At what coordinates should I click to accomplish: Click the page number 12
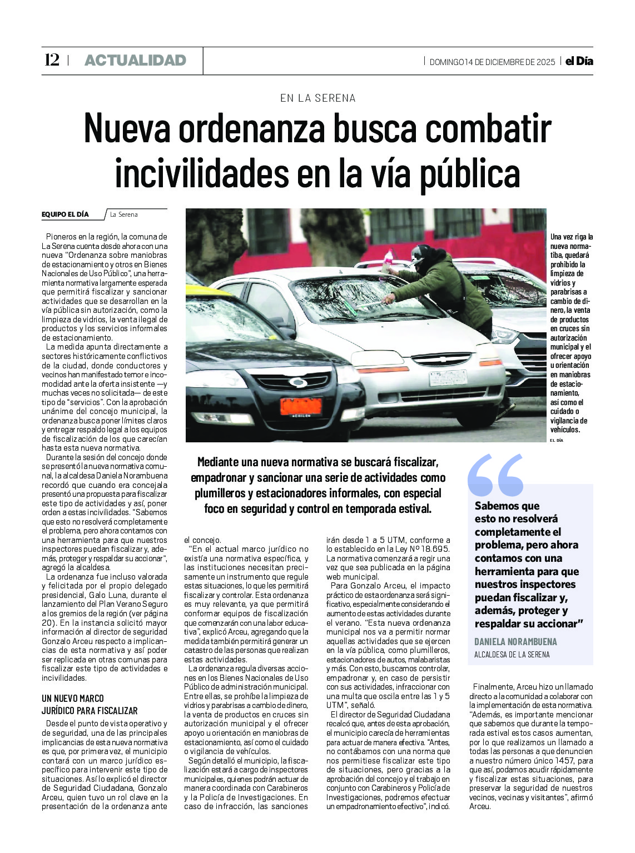click(52, 60)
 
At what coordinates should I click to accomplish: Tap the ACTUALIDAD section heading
click(135, 60)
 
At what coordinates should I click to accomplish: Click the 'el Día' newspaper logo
click(579, 62)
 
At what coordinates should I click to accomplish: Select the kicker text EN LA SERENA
click(317, 98)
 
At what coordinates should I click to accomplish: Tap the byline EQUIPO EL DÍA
click(65, 215)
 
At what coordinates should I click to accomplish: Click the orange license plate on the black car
click(301, 406)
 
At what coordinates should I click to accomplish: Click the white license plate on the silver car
click(448, 378)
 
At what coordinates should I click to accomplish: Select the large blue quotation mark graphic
click(495, 475)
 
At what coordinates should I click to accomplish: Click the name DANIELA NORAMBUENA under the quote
click(515, 642)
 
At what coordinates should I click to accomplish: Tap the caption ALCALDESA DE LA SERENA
click(512, 655)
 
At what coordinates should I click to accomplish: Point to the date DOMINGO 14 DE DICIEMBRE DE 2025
click(492, 62)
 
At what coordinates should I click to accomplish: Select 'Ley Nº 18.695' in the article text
click(424, 549)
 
